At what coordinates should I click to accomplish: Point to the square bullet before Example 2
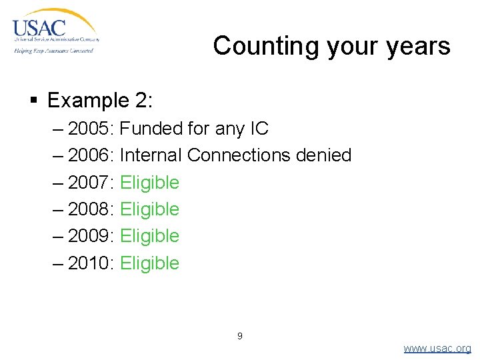click(34, 101)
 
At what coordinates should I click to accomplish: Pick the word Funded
click(150, 128)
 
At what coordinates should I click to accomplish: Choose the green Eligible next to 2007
click(150, 182)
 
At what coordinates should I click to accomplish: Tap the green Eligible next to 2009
click(150, 236)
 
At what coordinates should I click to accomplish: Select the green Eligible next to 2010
click(150, 263)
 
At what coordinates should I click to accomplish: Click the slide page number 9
click(240, 336)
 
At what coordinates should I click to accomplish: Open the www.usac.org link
click(437, 349)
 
